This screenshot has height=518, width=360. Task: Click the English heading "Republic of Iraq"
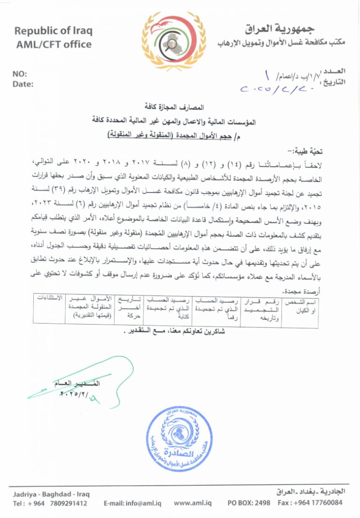pyautogui.click(x=53, y=31)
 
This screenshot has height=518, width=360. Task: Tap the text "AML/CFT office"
pyautogui.click(x=53, y=44)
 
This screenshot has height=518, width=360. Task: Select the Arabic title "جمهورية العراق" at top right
pyautogui.click(x=283, y=29)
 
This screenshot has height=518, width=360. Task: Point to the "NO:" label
pyautogui.click(x=19, y=74)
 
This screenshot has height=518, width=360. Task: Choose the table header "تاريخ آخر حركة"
pyautogui.click(x=126, y=307)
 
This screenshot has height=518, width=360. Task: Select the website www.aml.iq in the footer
pyautogui.click(x=193, y=503)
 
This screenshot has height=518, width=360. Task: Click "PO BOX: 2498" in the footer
pyautogui.click(x=249, y=503)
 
